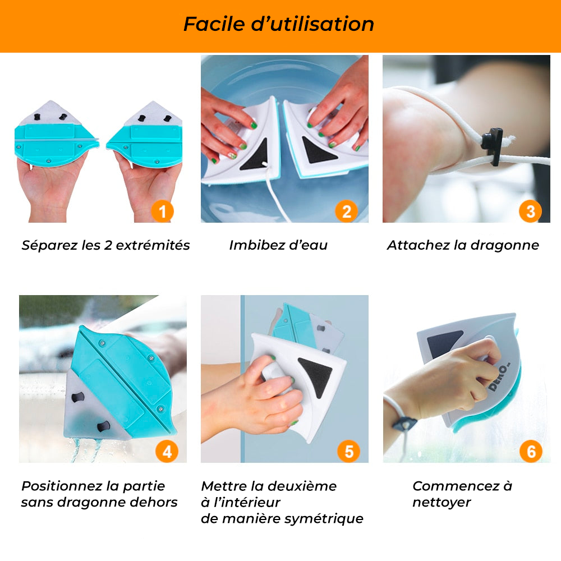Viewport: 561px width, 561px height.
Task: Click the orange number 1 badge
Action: point(163,211)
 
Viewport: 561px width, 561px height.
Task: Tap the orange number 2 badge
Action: point(346,211)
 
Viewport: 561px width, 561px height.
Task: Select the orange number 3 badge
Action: point(530,211)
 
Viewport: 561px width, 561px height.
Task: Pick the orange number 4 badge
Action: point(167,452)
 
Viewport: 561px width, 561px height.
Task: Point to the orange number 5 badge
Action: point(349,452)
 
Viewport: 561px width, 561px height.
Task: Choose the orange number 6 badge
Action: point(531,452)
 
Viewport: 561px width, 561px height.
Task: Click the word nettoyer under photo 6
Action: point(442,503)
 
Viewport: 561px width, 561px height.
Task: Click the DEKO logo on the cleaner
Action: point(500,378)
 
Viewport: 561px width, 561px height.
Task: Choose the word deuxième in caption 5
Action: point(302,486)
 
